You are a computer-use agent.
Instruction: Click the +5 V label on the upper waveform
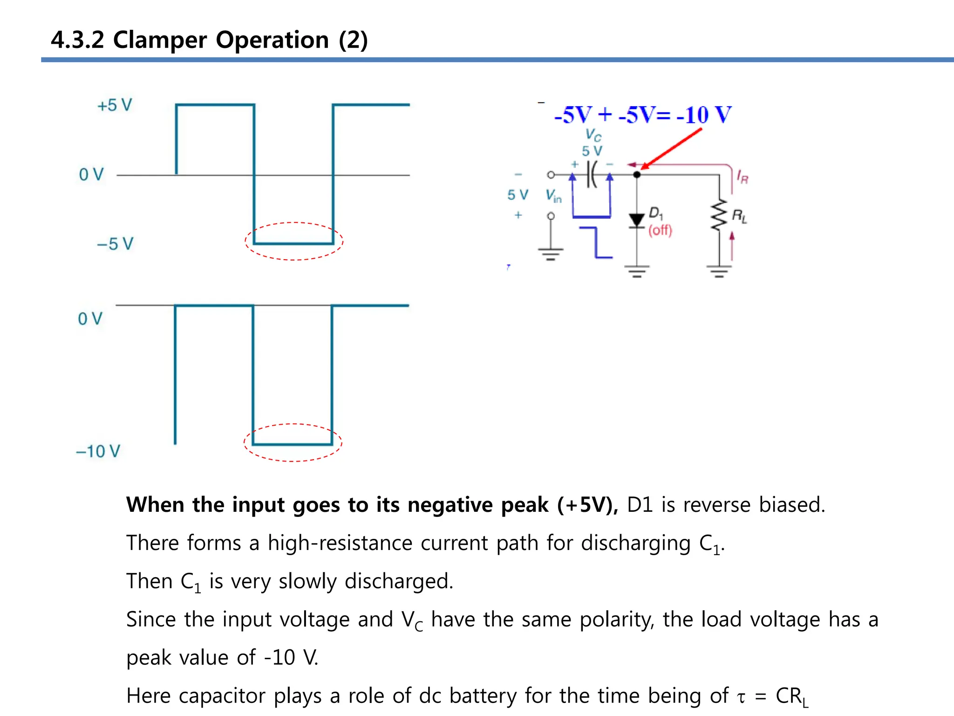click(x=115, y=105)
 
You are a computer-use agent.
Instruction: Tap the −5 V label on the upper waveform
click(x=115, y=244)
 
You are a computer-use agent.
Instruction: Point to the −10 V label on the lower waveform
click(x=98, y=451)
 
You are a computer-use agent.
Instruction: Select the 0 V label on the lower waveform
click(x=90, y=319)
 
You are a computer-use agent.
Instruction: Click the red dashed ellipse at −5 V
click(x=294, y=223)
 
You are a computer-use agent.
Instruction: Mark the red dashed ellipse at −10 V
click(x=293, y=425)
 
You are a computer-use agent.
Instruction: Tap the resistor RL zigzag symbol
click(x=719, y=215)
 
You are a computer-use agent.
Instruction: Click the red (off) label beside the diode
click(x=660, y=230)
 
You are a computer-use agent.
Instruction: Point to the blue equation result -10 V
click(x=704, y=115)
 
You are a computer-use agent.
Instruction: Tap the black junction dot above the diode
click(x=637, y=175)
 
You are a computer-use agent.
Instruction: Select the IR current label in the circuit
click(x=743, y=177)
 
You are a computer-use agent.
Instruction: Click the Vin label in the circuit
click(x=553, y=195)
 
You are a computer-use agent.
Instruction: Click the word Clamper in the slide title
click(x=160, y=40)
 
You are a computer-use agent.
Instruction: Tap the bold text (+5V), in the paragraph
click(x=587, y=505)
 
